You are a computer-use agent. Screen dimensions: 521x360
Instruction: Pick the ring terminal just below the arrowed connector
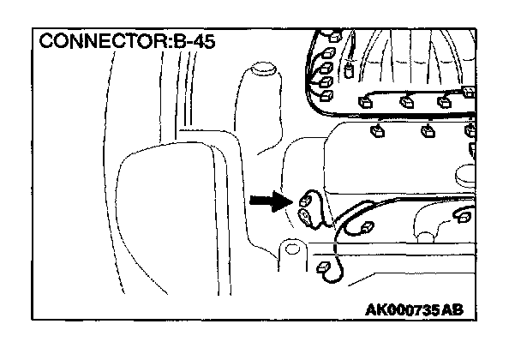tap(306, 218)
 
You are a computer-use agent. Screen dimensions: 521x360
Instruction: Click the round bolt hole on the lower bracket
tap(294, 250)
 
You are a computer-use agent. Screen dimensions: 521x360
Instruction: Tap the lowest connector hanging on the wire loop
tap(324, 269)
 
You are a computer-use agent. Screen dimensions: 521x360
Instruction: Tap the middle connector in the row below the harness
tap(426, 131)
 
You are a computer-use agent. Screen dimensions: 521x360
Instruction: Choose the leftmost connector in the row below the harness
tap(374, 130)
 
